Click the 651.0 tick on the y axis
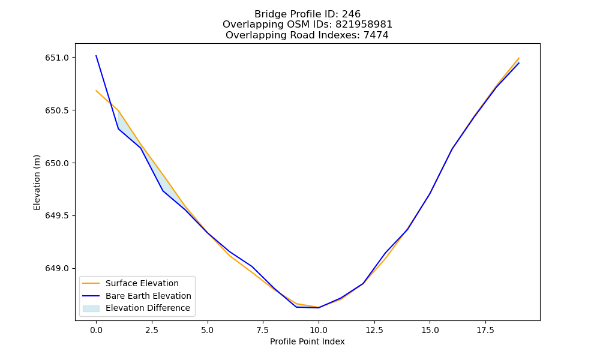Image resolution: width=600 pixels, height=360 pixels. [56, 58]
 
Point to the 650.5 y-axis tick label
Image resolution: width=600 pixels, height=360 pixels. [56, 110]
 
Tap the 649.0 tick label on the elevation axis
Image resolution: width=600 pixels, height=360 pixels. [56, 269]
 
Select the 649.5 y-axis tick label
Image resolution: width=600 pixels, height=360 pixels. [56, 216]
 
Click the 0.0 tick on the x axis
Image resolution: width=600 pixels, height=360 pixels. [96, 330]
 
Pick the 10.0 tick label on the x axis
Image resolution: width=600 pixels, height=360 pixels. [319, 330]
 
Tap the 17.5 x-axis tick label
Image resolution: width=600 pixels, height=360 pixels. [485, 330]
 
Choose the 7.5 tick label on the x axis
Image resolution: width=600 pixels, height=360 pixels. [263, 330]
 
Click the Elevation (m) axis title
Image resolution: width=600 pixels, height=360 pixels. [37, 182]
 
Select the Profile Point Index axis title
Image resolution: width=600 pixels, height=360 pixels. [307, 341]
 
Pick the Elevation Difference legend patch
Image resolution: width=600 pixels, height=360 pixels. [91, 308]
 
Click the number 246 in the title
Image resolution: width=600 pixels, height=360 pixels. [351, 14]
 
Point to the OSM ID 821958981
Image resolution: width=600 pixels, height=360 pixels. [364, 25]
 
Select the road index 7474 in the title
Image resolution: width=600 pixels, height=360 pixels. [376, 35]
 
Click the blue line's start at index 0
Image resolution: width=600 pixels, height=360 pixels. [96, 56]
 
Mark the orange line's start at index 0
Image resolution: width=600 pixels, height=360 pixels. [96, 91]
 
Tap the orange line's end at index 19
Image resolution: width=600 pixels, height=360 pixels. [519, 58]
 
